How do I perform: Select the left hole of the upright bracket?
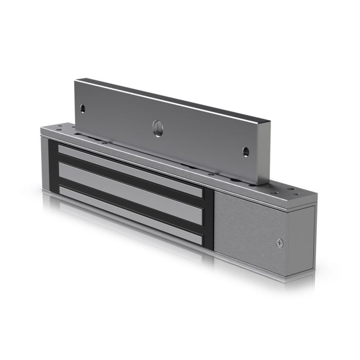click(x=82, y=109)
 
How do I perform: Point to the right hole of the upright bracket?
click(x=246, y=151)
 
